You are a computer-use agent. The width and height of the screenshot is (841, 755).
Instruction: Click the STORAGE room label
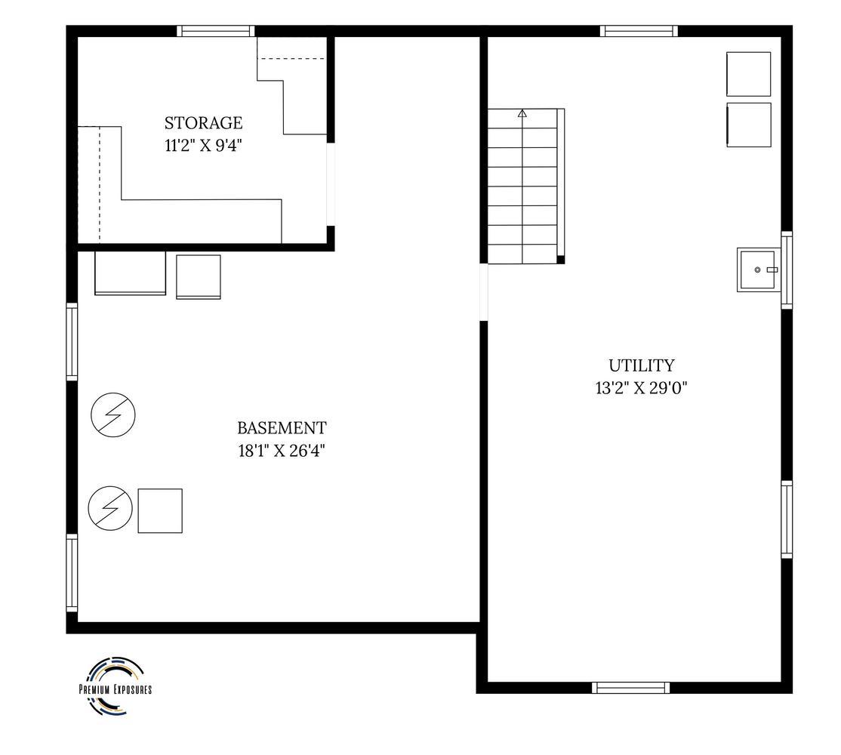(203, 123)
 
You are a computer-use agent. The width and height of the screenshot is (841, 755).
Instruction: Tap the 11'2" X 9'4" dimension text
(203, 145)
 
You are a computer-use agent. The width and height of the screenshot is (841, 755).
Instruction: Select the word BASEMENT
(282, 428)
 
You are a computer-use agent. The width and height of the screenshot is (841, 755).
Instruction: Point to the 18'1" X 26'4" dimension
(282, 451)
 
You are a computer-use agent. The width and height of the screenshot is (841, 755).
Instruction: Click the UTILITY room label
(641, 365)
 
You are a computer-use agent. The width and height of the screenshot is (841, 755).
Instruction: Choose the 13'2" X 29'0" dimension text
(641, 387)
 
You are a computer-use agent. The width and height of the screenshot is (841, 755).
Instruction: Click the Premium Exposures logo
(116, 687)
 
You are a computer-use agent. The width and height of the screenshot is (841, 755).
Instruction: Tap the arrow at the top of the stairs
(522, 113)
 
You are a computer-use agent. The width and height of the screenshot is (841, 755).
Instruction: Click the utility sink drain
(757, 270)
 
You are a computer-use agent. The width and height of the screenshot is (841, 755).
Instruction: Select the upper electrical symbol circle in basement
(113, 414)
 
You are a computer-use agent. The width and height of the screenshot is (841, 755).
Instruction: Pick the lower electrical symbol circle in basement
(110, 508)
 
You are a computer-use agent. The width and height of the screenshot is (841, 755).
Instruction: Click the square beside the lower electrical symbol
(160, 510)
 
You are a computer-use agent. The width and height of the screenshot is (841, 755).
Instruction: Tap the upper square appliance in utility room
(749, 74)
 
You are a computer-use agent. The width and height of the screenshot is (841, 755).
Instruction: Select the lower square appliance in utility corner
(749, 125)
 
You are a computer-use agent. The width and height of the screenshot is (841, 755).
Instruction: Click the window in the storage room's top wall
(216, 31)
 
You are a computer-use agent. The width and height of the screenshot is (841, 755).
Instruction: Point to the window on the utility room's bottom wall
(631, 688)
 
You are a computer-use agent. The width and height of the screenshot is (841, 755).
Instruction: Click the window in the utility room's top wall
(639, 31)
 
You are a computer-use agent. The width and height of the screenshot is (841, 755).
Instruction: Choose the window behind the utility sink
(787, 270)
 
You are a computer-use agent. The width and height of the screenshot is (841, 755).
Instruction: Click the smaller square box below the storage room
(199, 276)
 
